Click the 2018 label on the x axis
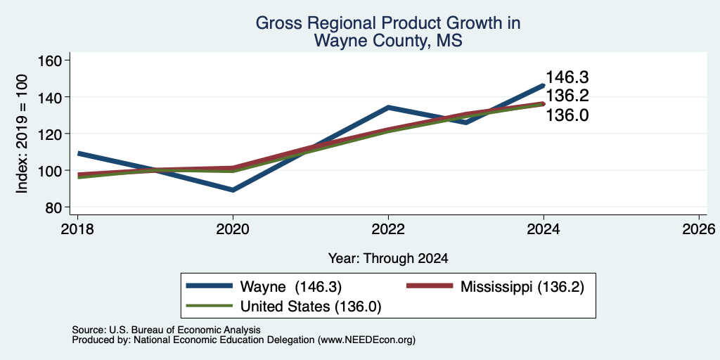[77, 229]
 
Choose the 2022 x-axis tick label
[388, 229]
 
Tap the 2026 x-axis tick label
[699, 229]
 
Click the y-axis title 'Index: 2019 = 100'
[22, 134]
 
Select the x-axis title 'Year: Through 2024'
[388, 259]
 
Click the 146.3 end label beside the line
[567, 77]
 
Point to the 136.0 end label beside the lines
[567, 115]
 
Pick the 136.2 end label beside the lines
[567, 96]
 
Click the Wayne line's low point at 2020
[233, 190]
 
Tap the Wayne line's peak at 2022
[388, 108]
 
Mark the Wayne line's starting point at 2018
[78, 153]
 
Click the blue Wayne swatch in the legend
[210, 285]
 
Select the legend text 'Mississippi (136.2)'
[522, 287]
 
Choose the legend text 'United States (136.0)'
[311, 307]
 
